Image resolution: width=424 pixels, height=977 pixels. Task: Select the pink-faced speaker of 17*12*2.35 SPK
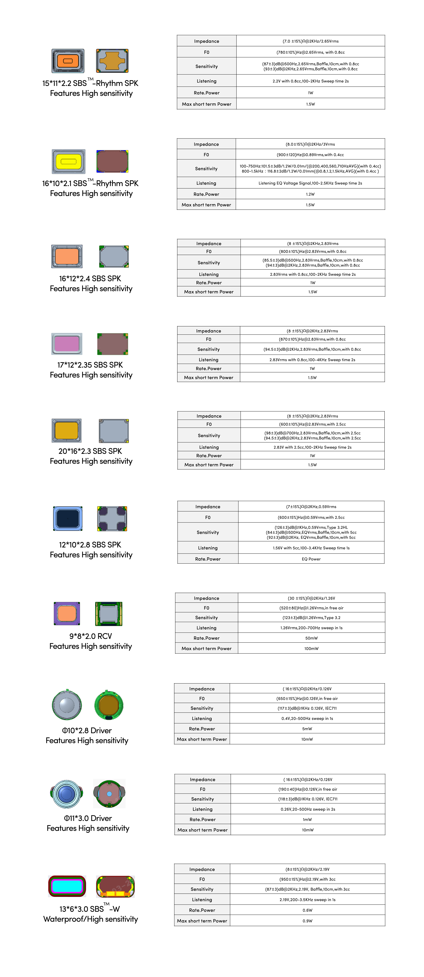[x=67, y=344]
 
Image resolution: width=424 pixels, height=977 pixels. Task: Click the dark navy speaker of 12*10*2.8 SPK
[x=68, y=518]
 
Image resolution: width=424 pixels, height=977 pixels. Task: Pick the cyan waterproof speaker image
[x=67, y=886]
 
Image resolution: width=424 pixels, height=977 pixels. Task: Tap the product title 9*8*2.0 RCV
[x=91, y=636]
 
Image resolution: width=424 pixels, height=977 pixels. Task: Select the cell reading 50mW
[x=311, y=638]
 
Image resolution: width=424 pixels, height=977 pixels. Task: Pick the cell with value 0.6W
[x=307, y=910]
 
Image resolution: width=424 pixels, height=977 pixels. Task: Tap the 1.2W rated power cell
[x=310, y=194]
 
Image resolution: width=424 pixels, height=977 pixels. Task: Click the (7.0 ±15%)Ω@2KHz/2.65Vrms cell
[x=311, y=41]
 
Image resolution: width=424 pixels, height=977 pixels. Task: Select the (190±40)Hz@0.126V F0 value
[x=307, y=789]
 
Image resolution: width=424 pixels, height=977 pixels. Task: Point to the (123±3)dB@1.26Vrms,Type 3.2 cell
[x=311, y=617]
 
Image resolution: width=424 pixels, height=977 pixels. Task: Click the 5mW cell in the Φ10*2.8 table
[x=307, y=729]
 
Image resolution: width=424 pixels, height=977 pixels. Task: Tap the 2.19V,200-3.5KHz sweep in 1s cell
[x=307, y=900]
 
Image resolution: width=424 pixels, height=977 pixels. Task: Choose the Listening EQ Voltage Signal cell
[x=310, y=183]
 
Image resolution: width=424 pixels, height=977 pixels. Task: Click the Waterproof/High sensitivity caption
[x=91, y=919]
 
